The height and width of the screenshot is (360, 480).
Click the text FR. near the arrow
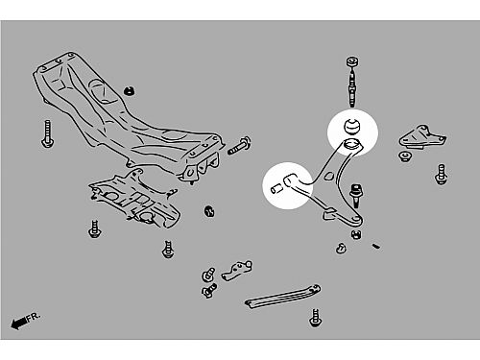point(34,317)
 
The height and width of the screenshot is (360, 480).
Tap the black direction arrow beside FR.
point(19,324)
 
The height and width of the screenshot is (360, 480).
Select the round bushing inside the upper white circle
point(352,126)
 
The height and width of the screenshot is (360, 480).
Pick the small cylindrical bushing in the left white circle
point(276,189)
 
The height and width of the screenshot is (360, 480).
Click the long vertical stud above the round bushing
point(352,82)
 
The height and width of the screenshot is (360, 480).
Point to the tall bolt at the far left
point(47,133)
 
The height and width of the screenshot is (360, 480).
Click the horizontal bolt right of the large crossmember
point(239,146)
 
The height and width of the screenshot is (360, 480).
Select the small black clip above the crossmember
point(129,91)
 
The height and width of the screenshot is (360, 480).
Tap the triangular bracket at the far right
point(421,137)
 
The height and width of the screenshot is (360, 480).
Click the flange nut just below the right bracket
point(405,156)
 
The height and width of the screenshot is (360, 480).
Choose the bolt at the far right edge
point(441,175)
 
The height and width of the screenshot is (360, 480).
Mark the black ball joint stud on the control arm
point(355,195)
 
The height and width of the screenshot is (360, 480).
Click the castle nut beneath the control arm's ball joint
point(356,234)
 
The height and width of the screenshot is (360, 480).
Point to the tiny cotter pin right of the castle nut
point(376,246)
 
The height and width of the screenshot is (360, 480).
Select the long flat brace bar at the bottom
point(283,297)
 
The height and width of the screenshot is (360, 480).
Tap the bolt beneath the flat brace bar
point(315,318)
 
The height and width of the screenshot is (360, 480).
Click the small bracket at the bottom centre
point(237,271)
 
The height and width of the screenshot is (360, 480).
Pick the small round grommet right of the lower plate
point(209,211)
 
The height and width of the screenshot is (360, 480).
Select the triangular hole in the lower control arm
point(328,176)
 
